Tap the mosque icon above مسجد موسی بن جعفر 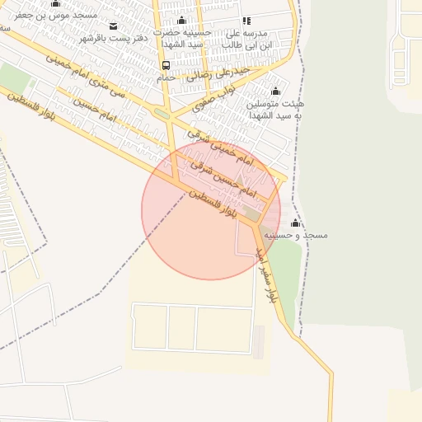point(55,3)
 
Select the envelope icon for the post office point(114,26)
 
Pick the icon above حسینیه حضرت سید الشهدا point(182,21)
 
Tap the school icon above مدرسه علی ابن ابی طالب point(246,21)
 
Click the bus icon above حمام point(166,65)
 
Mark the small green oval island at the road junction point(162,114)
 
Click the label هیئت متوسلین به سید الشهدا point(275,110)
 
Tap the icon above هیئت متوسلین point(275,91)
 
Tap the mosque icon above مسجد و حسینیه point(296,223)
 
